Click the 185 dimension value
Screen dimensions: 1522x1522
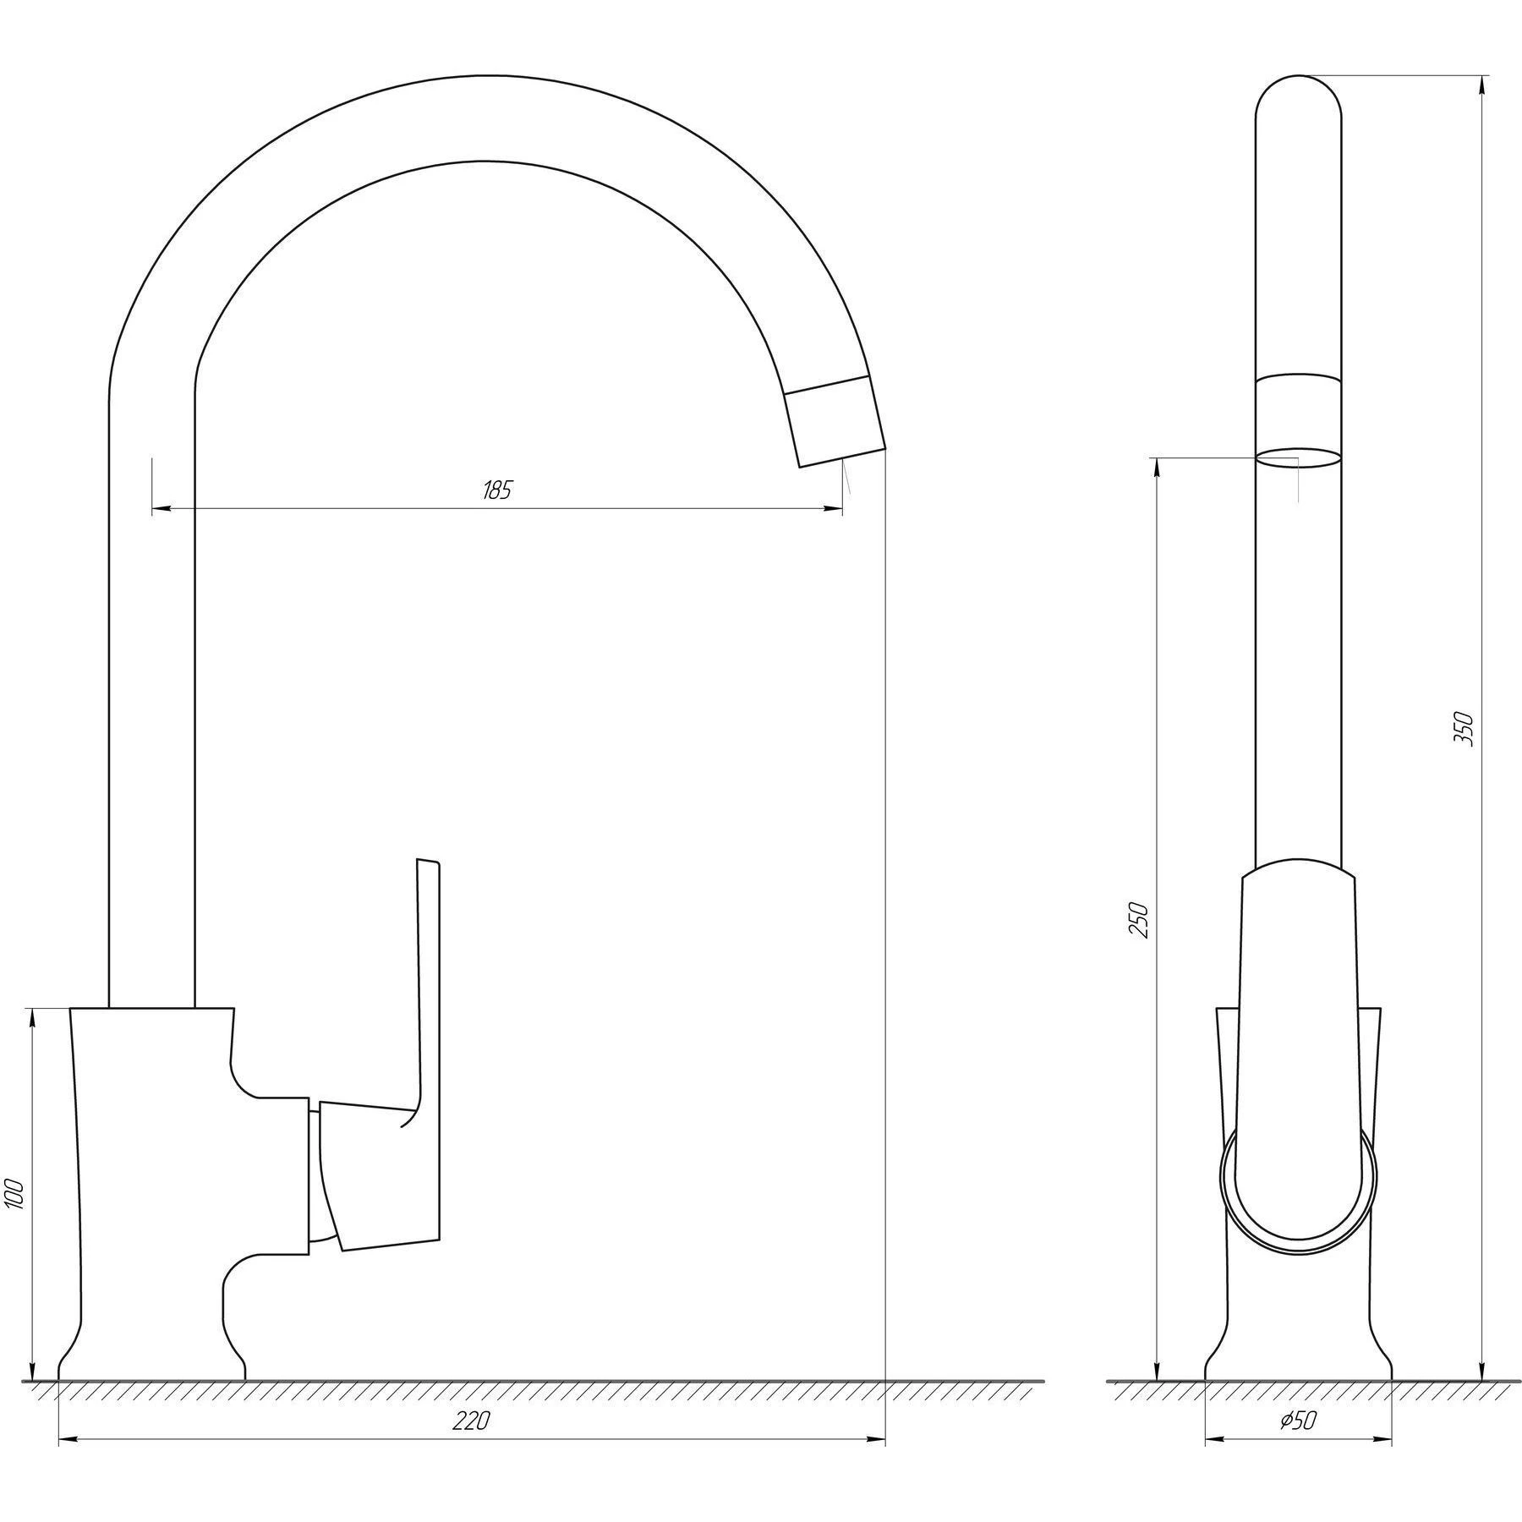(497, 490)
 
